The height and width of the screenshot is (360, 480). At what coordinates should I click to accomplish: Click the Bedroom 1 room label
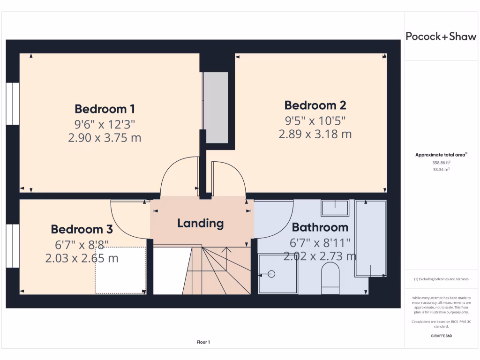click(105, 109)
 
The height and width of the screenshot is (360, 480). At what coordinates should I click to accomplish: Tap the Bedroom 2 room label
click(315, 105)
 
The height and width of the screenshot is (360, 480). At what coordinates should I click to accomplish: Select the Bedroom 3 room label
click(82, 229)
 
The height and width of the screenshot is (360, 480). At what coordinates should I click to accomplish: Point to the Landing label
click(200, 223)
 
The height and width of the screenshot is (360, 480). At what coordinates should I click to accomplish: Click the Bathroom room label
click(320, 227)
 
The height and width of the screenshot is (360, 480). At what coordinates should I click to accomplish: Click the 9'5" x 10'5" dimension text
click(315, 120)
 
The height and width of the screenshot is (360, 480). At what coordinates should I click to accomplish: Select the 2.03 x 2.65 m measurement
click(82, 258)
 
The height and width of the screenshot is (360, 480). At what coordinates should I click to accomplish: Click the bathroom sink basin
click(335, 208)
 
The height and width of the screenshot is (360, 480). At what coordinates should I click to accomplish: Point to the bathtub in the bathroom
click(370, 238)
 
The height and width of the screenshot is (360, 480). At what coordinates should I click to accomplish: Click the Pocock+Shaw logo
click(441, 37)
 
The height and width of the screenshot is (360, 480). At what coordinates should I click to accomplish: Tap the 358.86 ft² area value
click(441, 163)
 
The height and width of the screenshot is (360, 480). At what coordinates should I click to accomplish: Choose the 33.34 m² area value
click(441, 170)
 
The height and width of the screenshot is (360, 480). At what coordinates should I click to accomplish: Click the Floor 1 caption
click(203, 342)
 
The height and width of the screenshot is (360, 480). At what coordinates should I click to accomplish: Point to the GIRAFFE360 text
click(441, 336)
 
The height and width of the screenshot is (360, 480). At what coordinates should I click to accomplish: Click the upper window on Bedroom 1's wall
click(13, 104)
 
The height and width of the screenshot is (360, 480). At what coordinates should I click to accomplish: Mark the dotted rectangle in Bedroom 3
click(120, 270)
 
